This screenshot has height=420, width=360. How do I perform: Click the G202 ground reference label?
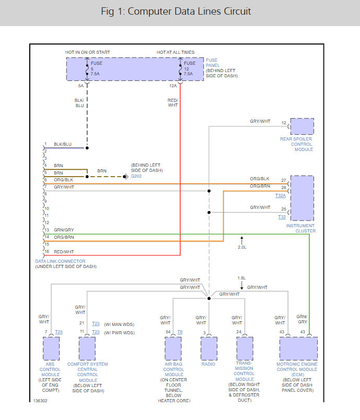click(x=136, y=176)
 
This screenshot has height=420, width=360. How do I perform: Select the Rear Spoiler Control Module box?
click(x=302, y=126)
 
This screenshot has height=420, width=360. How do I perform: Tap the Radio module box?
click(x=209, y=348)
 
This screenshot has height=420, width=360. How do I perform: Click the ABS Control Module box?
click(x=51, y=348)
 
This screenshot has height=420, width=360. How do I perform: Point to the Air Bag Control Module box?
click(x=173, y=348)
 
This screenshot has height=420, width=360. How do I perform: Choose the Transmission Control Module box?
click(x=245, y=348)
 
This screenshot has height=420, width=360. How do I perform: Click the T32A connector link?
click(x=281, y=195)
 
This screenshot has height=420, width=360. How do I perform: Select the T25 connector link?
click(x=59, y=332)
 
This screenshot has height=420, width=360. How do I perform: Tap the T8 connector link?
click(x=180, y=332)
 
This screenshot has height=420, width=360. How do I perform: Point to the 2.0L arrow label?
click(x=242, y=247)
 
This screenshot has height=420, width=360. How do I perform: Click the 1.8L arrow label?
click(x=241, y=278)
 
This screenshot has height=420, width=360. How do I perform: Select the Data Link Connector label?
click(x=60, y=261)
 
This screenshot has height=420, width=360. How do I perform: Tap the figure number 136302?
click(x=40, y=401)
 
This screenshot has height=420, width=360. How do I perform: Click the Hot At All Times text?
click(x=176, y=52)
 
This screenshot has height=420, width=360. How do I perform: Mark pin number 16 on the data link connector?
click(x=47, y=251)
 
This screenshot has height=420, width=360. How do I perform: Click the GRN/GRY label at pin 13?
click(x=64, y=230)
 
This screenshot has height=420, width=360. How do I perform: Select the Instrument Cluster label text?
click(x=301, y=228)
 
